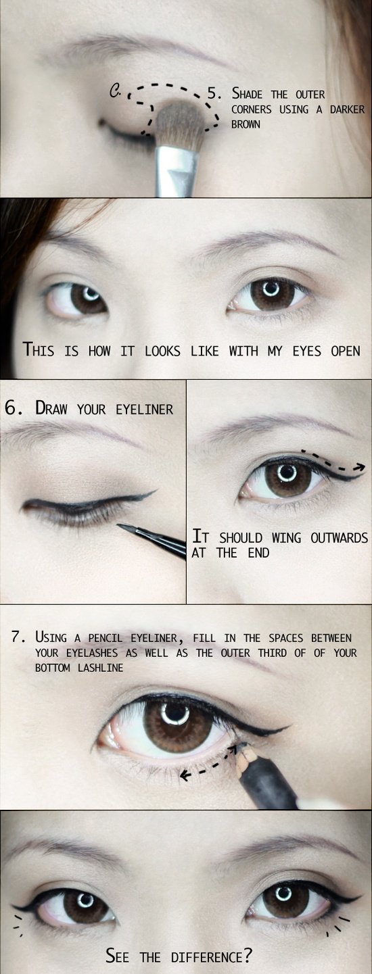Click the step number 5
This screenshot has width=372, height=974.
point(212,94)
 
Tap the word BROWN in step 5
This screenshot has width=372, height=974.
point(246,124)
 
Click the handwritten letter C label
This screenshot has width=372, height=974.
point(115,91)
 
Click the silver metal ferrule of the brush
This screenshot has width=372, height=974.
point(177,171)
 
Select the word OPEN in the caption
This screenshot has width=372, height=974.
point(346,351)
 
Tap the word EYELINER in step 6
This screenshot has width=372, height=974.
point(145,409)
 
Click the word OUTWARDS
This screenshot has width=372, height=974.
point(340,538)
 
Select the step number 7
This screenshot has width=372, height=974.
point(18,637)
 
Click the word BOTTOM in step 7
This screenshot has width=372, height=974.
point(53,667)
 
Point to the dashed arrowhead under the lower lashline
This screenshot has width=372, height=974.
point(185,775)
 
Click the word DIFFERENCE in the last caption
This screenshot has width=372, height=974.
point(207,957)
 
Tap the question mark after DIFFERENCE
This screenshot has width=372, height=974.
point(248,956)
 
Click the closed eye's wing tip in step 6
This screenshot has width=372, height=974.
point(154,491)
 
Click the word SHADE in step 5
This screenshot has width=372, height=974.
point(247,93)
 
